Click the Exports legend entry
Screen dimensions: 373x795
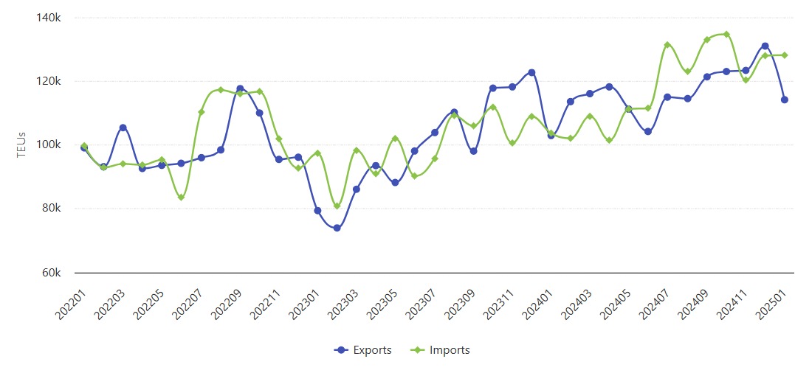point(362,350)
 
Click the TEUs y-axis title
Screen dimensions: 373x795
point(22,145)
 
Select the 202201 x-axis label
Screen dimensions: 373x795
point(70,304)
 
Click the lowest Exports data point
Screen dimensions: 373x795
point(337,228)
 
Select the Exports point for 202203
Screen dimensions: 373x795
point(123,128)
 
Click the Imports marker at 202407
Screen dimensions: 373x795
point(667,45)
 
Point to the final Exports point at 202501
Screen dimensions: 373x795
point(785,100)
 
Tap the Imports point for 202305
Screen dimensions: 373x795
point(395,139)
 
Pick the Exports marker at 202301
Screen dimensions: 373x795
point(317,211)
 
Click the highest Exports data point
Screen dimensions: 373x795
point(765,46)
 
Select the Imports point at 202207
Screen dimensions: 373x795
point(201,112)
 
